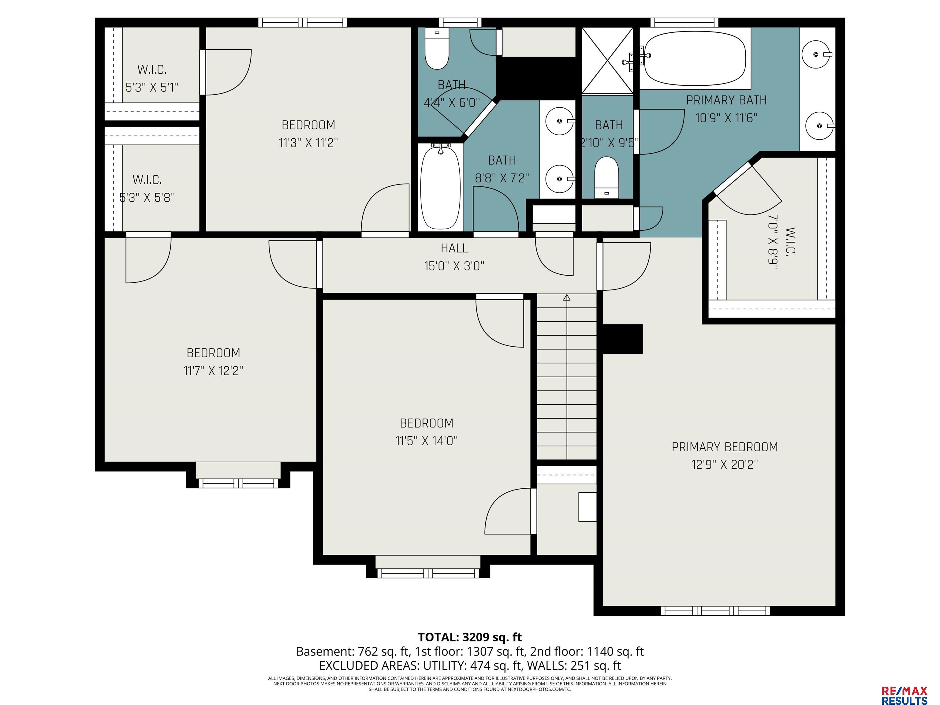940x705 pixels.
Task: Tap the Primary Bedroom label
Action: click(725, 447)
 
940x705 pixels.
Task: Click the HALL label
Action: click(454, 248)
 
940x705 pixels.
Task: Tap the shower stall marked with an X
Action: click(607, 60)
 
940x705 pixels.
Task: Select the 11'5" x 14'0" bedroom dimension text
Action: click(427, 441)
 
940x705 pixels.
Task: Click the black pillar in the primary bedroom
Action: click(623, 339)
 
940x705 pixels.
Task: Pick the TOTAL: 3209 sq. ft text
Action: click(470, 637)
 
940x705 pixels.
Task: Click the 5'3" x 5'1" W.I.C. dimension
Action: click(152, 88)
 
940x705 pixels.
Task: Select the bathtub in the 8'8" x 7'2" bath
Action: click(441, 187)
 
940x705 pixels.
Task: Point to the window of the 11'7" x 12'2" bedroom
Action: click(238, 483)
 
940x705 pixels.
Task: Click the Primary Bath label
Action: click(726, 100)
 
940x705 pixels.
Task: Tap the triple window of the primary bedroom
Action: click(715, 611)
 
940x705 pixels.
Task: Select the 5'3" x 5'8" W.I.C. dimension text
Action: click(147, 198)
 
